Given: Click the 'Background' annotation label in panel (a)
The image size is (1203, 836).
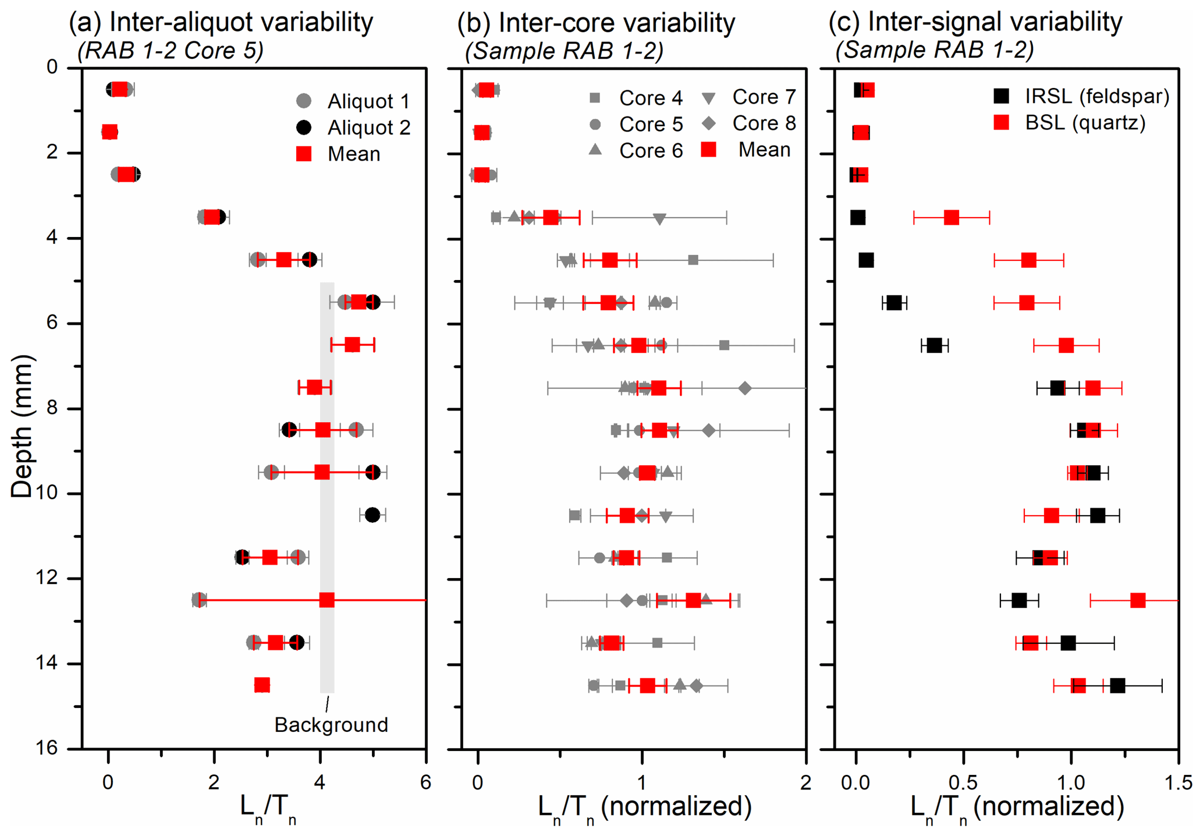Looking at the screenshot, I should click(x=331, y=725).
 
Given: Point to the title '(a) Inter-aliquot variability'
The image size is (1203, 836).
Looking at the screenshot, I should click(x=221, y=22).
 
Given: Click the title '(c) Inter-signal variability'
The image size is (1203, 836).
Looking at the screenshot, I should click(x=975, y=22).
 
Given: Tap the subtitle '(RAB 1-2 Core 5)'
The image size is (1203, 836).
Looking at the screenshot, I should click(x=171, y=51).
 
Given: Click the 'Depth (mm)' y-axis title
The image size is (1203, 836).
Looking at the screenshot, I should click(x=22, y=426).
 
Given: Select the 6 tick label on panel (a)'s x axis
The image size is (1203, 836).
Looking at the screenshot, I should click(x=426, y=782).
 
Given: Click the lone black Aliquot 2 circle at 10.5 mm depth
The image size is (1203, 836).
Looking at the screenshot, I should click(x=372, y=515).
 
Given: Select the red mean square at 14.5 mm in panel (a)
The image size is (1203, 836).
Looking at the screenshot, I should click(x=262, y=685).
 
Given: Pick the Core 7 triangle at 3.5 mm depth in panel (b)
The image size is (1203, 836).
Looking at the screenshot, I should click(x=659, y=219).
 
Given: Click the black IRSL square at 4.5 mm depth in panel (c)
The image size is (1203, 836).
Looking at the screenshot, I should click(x=866, y=260).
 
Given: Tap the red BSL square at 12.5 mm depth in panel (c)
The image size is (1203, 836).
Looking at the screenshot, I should click(x=1138, y=600).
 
